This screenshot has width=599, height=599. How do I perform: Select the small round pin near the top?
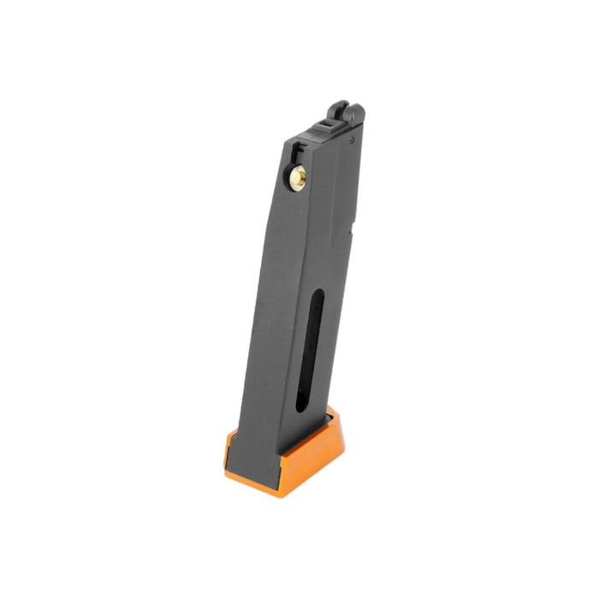351,139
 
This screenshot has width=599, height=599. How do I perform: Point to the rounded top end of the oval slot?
317,295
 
